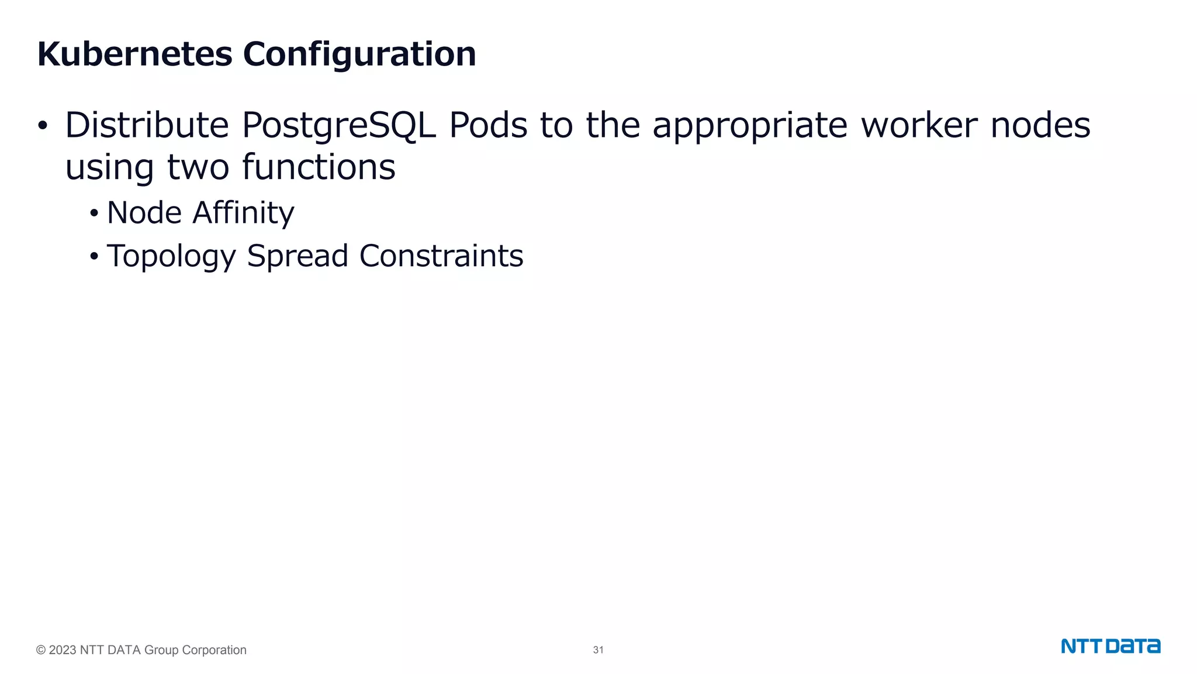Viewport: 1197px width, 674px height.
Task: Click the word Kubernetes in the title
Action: point(134,54)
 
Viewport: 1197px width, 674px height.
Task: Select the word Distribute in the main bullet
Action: point(147,125)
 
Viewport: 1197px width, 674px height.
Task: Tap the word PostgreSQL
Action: point(338,126)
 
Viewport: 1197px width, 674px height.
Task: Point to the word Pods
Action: point(488,125)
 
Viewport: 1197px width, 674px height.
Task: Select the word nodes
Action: point(1040,125)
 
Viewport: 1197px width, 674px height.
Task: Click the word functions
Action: point(319,167)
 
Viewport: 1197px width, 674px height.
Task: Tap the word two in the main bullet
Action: point(198,168)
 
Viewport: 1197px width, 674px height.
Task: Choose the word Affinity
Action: point(243,214)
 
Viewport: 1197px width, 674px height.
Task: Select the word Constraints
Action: point(441,256)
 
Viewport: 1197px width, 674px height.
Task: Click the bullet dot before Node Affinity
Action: point(94,214)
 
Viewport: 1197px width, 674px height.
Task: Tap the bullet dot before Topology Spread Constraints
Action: point(94,256)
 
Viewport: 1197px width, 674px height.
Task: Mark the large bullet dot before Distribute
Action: point(42,126)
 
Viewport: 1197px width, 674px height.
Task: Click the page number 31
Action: point(598,650)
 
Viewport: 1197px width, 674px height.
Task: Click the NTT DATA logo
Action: point(1110,647)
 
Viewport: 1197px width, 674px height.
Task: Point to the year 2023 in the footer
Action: point(62,650)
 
